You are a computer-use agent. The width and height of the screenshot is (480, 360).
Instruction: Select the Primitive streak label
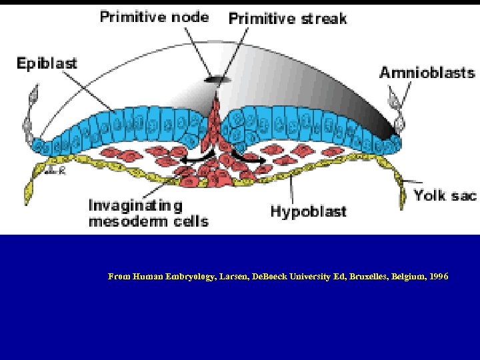287,18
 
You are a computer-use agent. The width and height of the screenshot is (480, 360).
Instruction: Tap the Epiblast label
47,64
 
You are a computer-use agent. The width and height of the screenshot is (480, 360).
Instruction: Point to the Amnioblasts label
427,73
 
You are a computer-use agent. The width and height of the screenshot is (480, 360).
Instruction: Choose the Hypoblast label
308,211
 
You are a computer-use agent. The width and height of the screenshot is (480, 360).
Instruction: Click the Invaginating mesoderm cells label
148,213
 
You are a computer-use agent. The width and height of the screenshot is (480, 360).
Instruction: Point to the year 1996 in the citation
437,276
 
